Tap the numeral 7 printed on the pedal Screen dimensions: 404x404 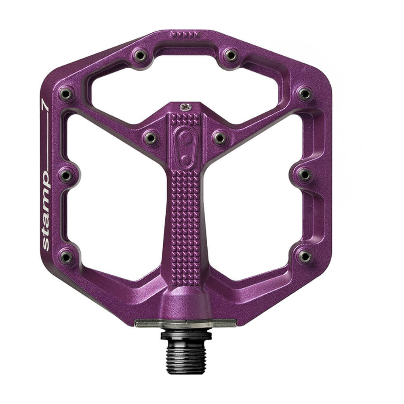pos(45,106)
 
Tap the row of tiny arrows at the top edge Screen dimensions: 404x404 pos(185,34)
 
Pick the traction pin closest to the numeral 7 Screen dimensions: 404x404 pos(66,94)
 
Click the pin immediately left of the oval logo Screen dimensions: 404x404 pos(151,138)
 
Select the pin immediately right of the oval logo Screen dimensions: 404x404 pos(220,138)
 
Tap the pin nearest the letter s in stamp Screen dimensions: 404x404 pos(66,256)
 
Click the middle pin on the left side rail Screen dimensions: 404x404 pos(66,175)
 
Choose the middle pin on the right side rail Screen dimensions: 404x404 pos(305,175)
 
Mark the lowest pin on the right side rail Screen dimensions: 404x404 pos(305,255)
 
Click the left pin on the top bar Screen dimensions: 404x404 pos(141,55)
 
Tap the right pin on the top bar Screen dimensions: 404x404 pos(231,55)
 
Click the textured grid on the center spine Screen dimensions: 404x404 pos(185,226)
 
